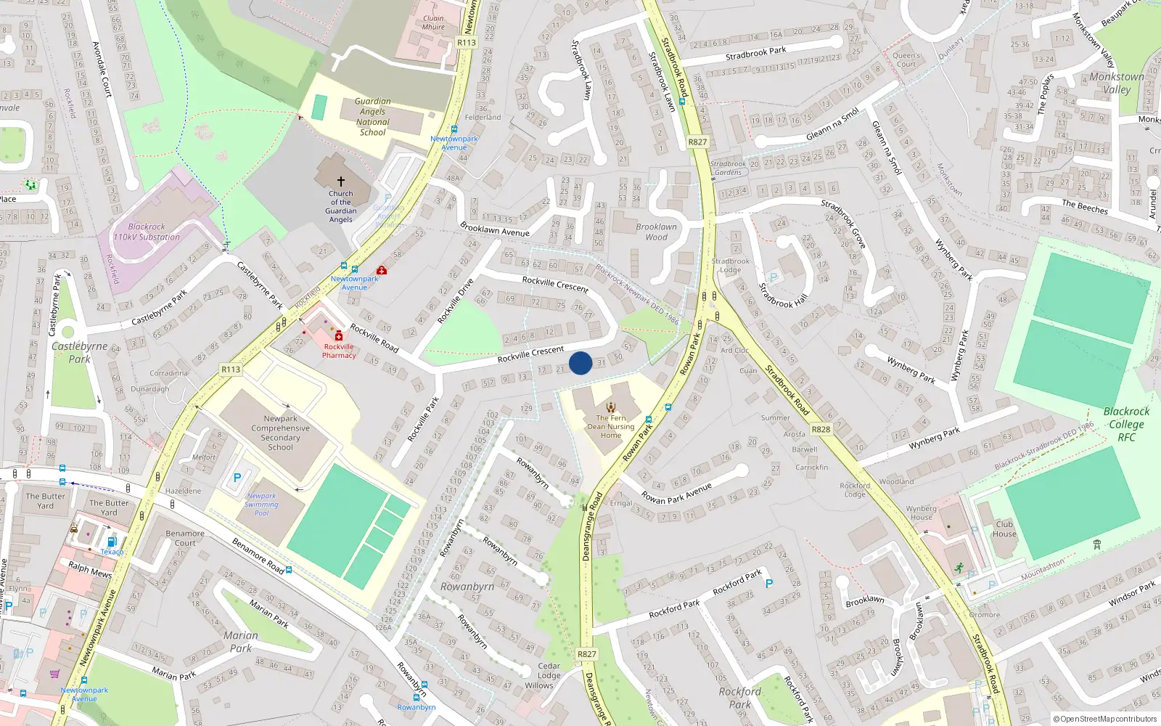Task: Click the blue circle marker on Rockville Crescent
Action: coord(580,363)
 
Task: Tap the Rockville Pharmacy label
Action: coord(339,351)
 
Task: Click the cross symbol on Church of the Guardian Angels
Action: coord(340,181)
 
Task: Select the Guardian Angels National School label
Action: coord(372,117)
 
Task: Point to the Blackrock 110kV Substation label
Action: coord(147,232)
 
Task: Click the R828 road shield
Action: coord(821,429)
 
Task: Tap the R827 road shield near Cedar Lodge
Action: coord(586,654)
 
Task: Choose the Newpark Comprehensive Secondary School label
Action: coord(280,433)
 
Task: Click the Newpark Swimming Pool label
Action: coord(261,504)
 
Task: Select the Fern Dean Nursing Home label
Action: coord(611,426)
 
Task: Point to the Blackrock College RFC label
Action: coord(1126,424)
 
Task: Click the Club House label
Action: coord(1004,529)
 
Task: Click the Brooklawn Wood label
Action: coord(656,232)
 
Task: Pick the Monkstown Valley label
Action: coord(1117,83)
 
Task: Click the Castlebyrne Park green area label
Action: coord(79,352)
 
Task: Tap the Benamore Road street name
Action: coord(258,555)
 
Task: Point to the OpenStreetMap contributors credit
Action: coord(1105,719)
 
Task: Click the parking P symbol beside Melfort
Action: coord(237,478)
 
